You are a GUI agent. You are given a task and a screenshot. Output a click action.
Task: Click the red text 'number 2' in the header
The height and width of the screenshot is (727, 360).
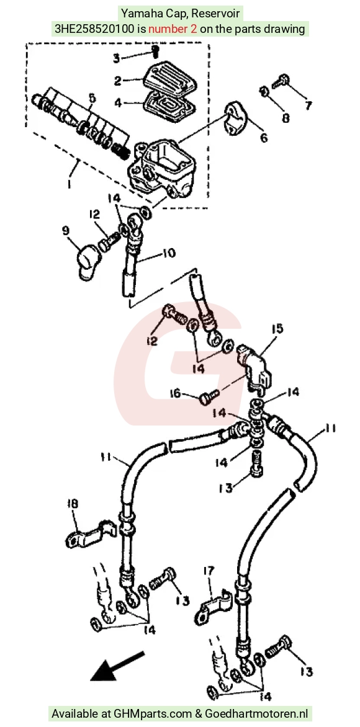click(173, 29)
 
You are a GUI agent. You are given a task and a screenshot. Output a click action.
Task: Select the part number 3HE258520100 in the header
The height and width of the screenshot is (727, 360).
click(94, 29)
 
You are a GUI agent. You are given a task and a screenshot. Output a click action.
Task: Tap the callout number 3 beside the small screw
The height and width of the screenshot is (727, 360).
click(117, 58)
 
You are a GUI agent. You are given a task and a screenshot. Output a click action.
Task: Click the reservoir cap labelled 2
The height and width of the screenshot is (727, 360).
click(171, 80)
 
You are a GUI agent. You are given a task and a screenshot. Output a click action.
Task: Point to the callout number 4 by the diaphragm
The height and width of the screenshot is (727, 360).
click(119, 102)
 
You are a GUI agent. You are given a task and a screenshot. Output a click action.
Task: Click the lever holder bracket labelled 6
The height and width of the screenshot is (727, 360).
click(236, 118)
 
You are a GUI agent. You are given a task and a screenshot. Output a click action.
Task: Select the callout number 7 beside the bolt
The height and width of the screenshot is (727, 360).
click(308, 105)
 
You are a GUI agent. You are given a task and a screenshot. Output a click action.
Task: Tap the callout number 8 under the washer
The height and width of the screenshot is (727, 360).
click(286, 118)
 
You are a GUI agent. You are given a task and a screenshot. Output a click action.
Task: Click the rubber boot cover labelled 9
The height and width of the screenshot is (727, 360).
click(88, 262)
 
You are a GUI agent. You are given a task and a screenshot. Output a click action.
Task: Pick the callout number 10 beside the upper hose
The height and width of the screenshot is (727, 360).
click(168, 253)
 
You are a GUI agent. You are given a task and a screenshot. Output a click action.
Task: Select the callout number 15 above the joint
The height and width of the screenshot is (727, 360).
click(276, 330)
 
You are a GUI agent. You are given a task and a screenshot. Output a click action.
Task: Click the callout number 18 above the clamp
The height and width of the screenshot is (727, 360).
click(73, 504)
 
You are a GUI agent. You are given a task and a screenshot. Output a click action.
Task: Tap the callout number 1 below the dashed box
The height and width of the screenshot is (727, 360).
click(69, 185)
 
